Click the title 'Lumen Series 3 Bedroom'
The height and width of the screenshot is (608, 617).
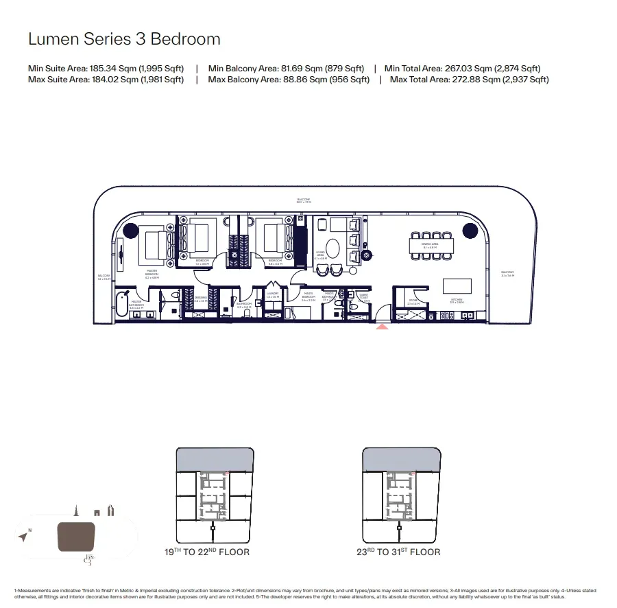(x=124, y=39)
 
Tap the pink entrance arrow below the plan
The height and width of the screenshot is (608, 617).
(x=383, y=327)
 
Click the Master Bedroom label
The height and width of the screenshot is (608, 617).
(x=152, y=272)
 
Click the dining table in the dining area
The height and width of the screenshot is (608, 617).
(x=431, y=245)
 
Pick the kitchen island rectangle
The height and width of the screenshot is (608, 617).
(x=457, y=285)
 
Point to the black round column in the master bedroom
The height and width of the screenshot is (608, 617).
(x=128, y=231)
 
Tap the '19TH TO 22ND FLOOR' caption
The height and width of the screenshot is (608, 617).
(x=206, y=552)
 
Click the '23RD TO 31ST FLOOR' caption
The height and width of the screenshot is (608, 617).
(x=398, y=552)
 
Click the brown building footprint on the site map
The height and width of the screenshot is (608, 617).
(x=75, y=537)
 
